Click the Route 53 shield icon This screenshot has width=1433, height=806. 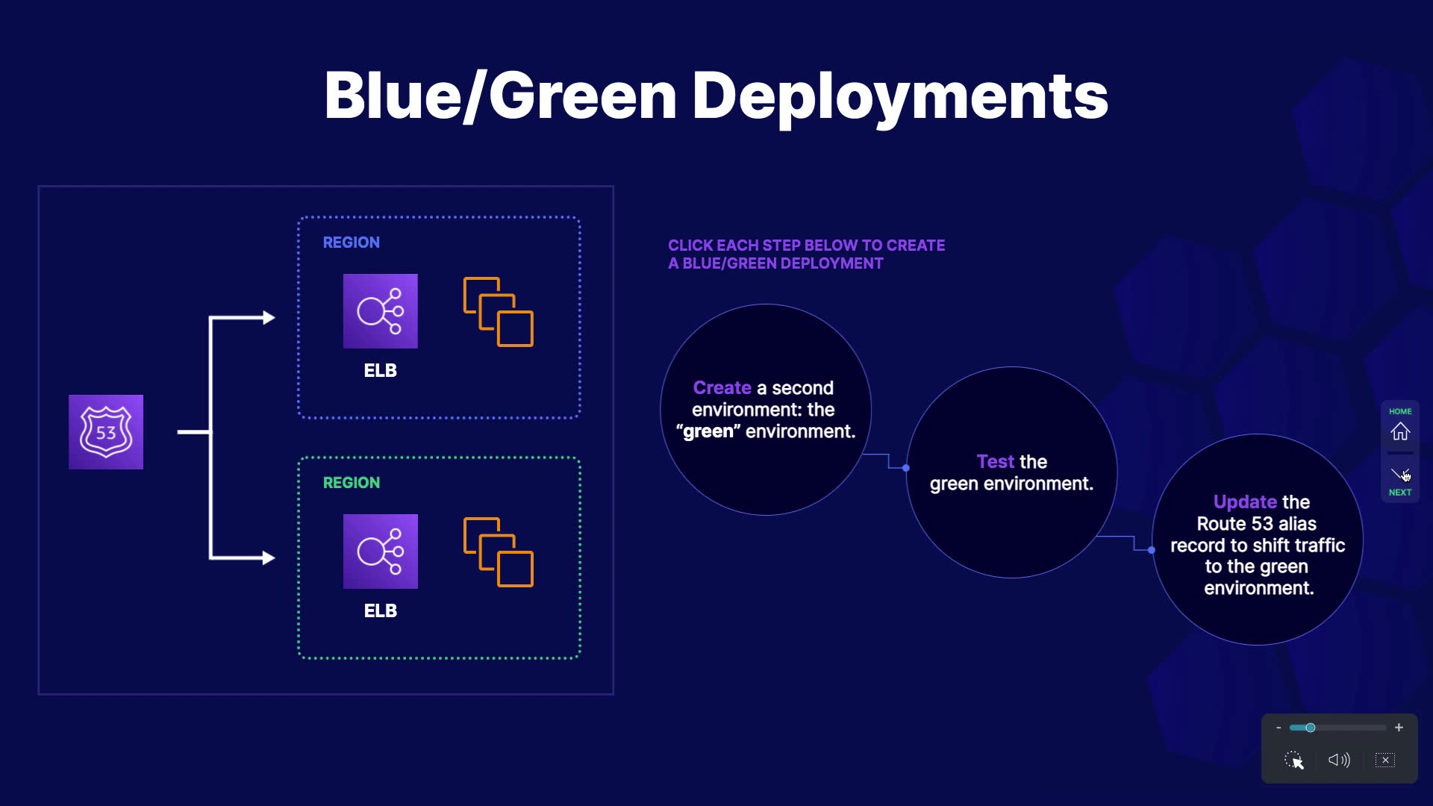tap(106, 432)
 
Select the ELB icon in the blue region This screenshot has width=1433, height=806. tap(381, 311)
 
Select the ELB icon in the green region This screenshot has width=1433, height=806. tap(381, 552)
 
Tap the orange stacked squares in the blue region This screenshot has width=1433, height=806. tap(499, 312)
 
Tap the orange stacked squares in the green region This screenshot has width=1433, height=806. tap(499, 552)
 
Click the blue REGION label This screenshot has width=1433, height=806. tap(352, 243)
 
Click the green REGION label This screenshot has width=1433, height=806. tap(352, 483)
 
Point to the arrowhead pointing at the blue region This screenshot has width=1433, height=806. tap(269, 318)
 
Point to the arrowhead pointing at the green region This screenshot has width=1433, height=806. tap(269, 557)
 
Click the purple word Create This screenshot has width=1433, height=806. tap(722, 388)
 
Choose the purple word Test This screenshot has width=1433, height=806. tap(996, 462)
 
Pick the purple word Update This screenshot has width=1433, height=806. tap(1246, 502)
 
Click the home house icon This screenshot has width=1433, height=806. tap(1400, 431)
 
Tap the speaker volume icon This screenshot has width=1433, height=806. tap(1339, 760)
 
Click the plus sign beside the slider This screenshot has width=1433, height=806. tap(1399, 728)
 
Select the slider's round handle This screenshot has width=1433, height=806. tap(1310, 728)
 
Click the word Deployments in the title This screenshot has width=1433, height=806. tap(900, 97)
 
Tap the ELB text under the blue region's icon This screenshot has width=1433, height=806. tap(381, 371)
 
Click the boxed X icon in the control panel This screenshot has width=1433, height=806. tap(1385, 760)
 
